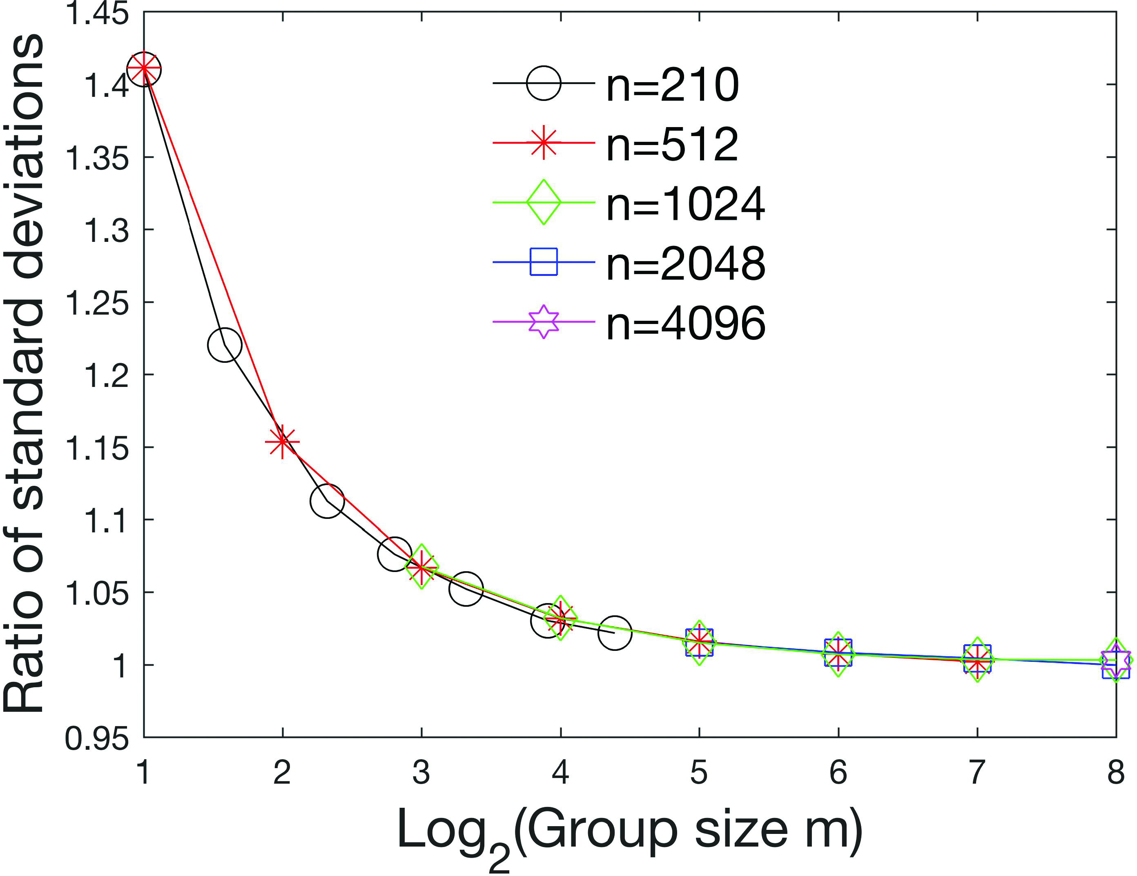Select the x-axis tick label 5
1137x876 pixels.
(x=699, y=772)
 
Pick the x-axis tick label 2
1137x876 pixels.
(x=282, y=772)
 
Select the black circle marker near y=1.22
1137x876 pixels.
(x=224, y=345)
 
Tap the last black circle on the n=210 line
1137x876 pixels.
(x=615, y=633)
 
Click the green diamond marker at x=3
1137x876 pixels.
(x=422, y=567)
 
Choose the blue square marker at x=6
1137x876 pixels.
(x=838, y=653)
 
